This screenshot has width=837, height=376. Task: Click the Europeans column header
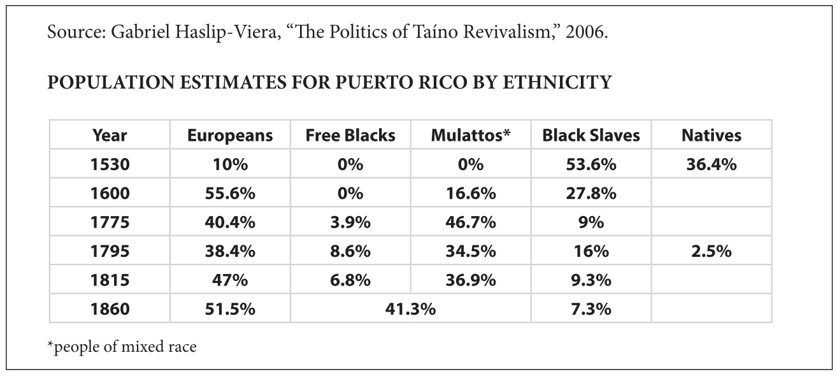pos(230,135)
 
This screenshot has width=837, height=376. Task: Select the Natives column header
pos(712,135)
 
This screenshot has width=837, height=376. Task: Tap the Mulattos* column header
pos(471,135)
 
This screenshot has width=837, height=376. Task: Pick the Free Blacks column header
pos(350,135)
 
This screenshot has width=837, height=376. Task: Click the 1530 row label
pos(110,164)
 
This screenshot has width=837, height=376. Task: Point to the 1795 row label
pos(110,251)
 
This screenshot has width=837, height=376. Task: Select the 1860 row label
pos(110,309)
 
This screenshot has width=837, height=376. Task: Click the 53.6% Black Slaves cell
pos(591,164)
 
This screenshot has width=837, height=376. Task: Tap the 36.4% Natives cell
pos(712,164)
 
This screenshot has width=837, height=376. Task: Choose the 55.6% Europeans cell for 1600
pos(230,193)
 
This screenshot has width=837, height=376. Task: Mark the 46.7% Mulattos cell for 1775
pos(471,222)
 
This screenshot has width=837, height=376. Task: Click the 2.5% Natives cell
pos(712,251)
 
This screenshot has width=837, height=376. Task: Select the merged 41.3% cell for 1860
pos(410,309)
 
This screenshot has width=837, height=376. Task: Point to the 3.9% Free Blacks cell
pos(350,222)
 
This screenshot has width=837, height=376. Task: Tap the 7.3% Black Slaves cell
pos(591,309)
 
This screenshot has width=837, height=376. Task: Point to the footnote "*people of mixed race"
pos(122,347)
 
